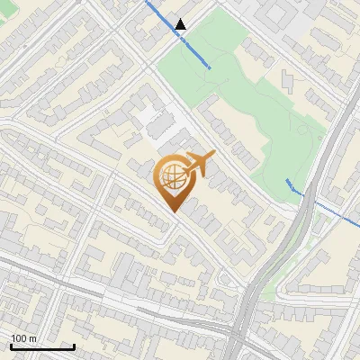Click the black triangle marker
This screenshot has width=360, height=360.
(181, 24)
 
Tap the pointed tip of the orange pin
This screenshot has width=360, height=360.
(172, 211)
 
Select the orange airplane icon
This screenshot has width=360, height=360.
(199, 165)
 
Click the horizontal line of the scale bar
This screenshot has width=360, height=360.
(41, 346)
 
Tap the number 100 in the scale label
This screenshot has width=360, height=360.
(18, 338)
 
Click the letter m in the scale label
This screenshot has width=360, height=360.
(32, 338)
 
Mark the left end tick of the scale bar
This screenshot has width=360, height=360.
(11, 345)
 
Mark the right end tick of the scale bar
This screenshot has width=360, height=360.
(73, 345)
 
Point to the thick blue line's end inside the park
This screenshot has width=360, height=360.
(211, 67)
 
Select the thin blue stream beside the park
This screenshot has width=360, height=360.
(324, 208)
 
